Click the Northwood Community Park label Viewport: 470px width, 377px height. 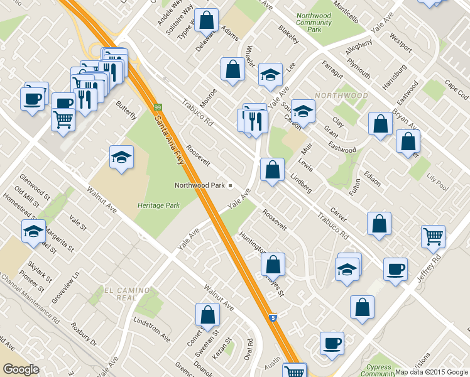click(x=313, y=23)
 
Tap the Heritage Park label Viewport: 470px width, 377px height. click(x=159, y=205)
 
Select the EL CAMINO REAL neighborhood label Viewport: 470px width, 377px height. click(x=127, y=294)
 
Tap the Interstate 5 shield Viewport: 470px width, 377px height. click(x=273, y=319)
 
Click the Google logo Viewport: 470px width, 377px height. click(x=21, y=369)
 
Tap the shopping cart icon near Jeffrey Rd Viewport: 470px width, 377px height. click(x=434, y=236)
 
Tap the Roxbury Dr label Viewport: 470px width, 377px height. click(x=84, y=334)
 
